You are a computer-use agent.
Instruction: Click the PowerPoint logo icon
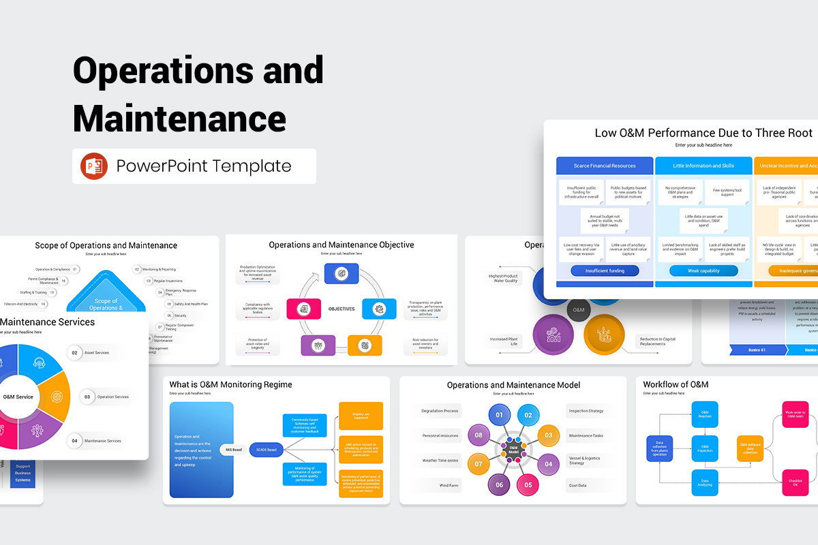tap(94, 166)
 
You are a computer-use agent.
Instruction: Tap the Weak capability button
tap(703, 270)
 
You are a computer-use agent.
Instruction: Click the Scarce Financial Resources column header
tap(605, 166)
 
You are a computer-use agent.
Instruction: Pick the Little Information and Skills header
tap(703, 166)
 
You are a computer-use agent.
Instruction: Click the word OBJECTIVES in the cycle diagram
tap(342, 309)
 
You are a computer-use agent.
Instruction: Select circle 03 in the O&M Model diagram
tap(548, 435)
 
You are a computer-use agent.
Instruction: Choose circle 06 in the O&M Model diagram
tap(499, 485)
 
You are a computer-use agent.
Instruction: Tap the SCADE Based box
tap(267, 450)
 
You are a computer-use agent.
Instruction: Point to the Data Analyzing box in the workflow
tap(704, 482)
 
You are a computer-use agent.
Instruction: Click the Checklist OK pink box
tap(794, 482)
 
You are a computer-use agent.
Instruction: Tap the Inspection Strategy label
tap(586, 411)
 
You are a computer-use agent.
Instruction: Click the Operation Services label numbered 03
tap(112, 396)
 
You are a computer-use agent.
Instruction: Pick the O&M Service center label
tap(18, 396)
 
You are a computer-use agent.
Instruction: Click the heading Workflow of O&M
tap(676, 385)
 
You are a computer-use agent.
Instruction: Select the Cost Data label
tap(577, 486)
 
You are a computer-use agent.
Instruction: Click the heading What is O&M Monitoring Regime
tap(230, 385)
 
